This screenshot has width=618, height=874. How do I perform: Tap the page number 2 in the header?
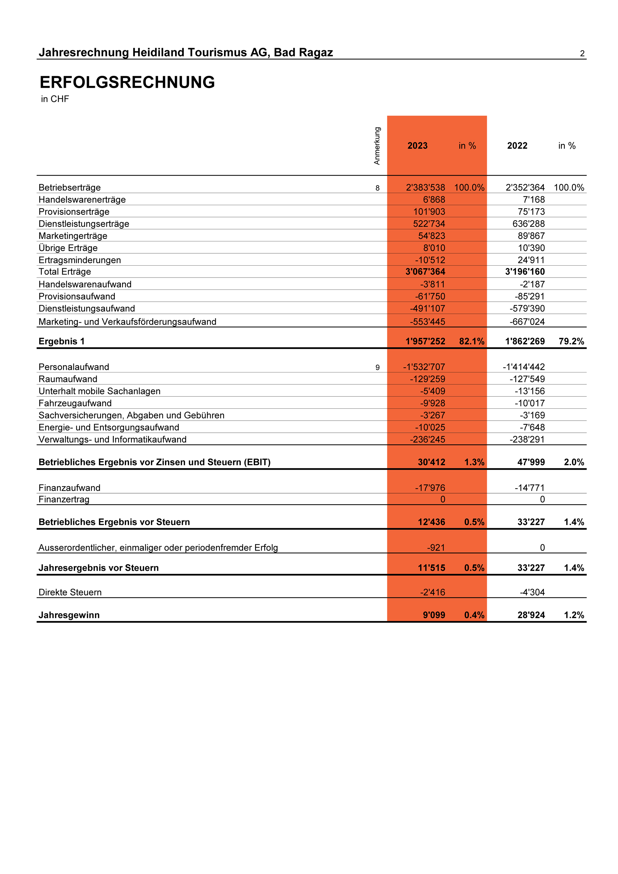coord(582,54)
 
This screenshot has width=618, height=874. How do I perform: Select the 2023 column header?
coord(417,146)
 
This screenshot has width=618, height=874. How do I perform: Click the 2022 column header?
coord(517,146)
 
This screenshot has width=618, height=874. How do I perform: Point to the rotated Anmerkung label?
coord(377,146)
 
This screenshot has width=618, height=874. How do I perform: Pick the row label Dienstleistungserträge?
coord(84,224)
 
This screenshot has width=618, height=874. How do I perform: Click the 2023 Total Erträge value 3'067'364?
coord(425,272)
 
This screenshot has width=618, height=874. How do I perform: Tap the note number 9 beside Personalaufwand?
coord(377,367)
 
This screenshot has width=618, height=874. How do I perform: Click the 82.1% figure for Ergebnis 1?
coord(472,341)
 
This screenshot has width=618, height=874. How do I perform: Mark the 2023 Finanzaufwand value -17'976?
coord(430,488)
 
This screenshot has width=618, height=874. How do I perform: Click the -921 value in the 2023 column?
coord(436,548)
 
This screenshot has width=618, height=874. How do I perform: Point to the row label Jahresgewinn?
coord(69,615)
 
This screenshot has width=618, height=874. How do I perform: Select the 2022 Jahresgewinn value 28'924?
coord(531,615)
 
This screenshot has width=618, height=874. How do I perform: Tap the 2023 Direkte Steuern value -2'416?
coord(433,592)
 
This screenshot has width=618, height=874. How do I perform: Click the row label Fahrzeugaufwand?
coord(75,404)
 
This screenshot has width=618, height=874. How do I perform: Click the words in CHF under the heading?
coord(55,99)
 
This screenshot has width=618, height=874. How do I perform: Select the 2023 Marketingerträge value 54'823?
coord(432,236)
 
